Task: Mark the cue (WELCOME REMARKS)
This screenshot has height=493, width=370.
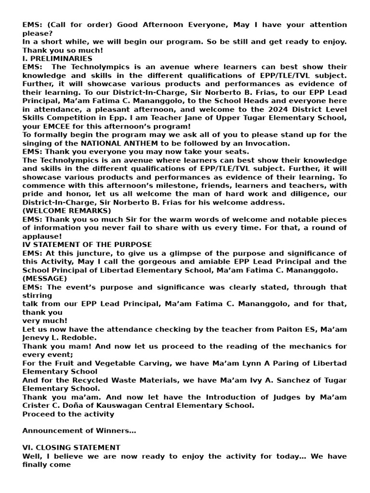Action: coord(66,211)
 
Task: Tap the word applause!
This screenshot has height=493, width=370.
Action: coord(42,236)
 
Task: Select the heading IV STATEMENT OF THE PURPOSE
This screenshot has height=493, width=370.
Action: coord(87,245)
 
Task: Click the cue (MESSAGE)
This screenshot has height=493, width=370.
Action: coord(45,278)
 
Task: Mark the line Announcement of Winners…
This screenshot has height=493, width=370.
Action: coord(79,431)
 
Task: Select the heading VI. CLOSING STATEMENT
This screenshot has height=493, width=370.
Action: coord(71,448)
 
